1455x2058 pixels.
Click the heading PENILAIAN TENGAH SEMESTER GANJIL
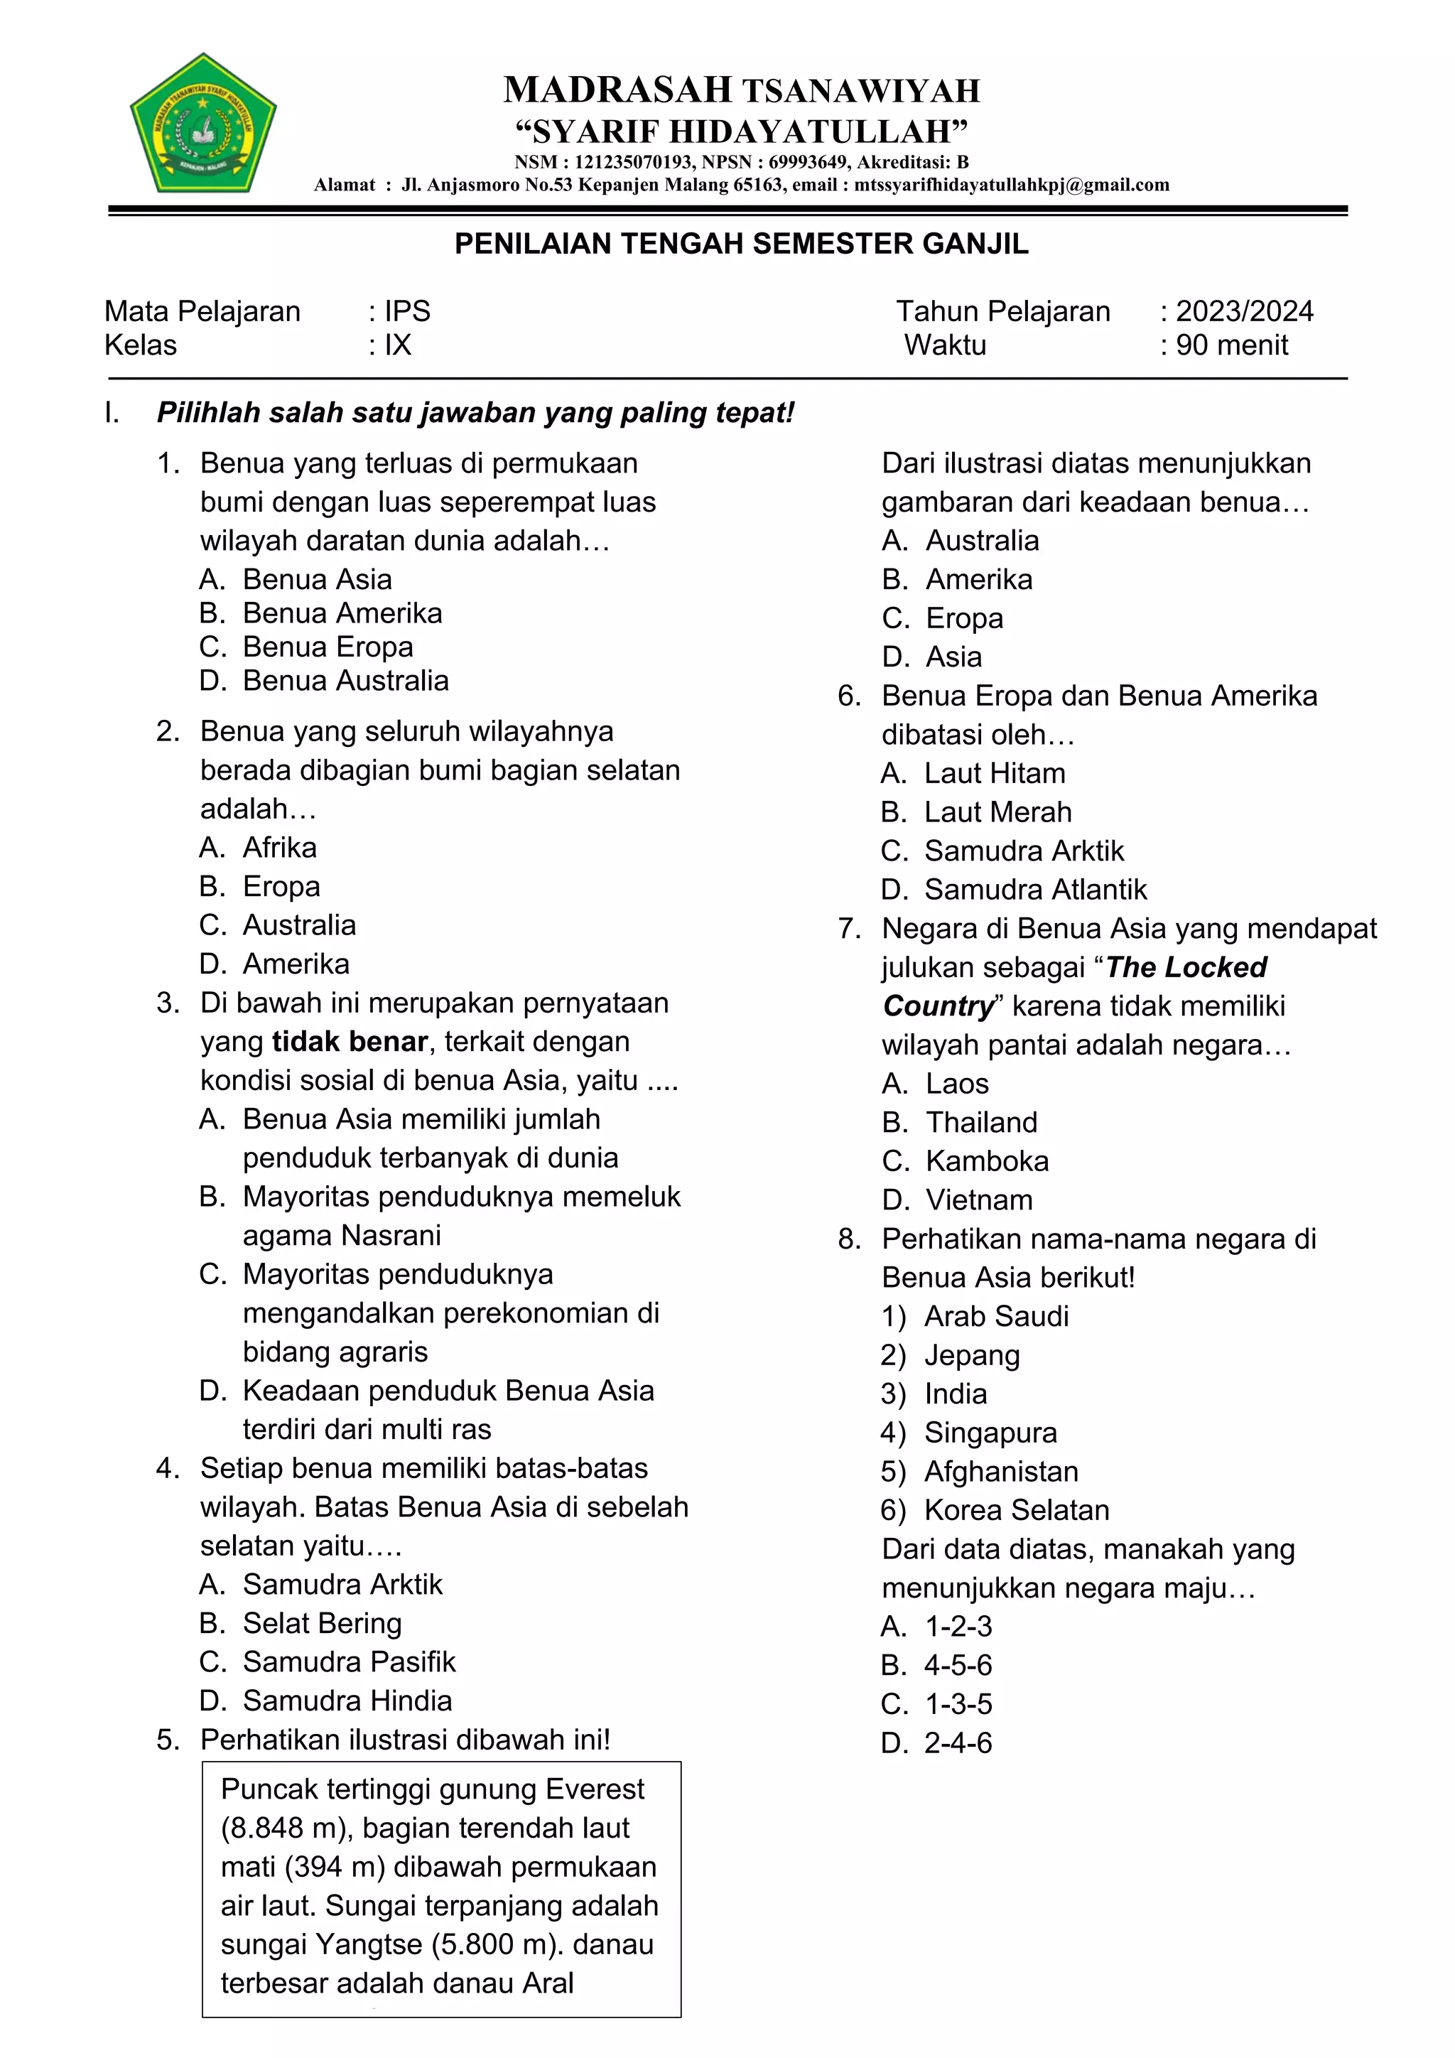coord(741,244)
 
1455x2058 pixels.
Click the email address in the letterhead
coord(1011,185)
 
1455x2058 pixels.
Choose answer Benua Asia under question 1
coord(316,579)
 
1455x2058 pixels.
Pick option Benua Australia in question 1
coord(345,680)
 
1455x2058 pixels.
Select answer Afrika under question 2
coord(279,847)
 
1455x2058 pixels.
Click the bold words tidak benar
coord(350,1042)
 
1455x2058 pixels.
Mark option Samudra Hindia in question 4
coord(347,1701)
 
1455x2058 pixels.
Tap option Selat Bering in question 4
coord(322,1623)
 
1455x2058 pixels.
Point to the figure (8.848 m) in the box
coord(283,1828)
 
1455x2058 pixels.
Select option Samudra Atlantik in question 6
coord(1035,889)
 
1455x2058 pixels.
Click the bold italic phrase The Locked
coord(1185,967)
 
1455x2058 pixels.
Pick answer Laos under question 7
coord(957,1084)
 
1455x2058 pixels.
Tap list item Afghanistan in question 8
coord(1001,1471)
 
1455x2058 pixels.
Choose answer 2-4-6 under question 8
coord(958,1742)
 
